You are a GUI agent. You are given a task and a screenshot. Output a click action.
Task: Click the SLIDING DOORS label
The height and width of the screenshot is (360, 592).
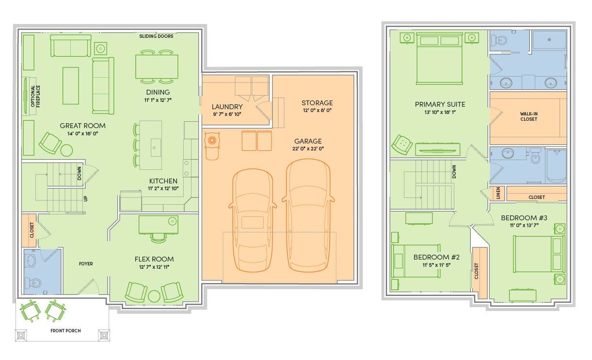click(x=156, y=36)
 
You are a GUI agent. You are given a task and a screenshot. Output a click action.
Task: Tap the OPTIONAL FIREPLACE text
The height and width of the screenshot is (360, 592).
click(x=35, y=96)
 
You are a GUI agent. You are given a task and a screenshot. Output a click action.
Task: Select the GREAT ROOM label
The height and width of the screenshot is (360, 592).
click(x=82, y=126)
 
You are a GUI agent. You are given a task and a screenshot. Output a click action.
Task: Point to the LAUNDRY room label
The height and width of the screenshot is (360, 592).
click(x=227, y=107)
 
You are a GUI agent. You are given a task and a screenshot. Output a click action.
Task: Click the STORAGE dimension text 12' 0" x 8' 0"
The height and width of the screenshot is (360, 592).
click(x=317, y=110)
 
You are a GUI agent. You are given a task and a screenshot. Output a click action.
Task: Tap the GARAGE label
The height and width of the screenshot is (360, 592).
click(x=308, y=141)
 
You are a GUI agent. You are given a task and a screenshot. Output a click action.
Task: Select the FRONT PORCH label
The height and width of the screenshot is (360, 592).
click(x=65, y=330)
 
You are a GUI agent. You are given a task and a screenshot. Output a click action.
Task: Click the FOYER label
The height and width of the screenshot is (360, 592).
click(x=86, y=264)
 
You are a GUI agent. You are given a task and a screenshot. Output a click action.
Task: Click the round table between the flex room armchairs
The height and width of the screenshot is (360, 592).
click(x=154, y=296)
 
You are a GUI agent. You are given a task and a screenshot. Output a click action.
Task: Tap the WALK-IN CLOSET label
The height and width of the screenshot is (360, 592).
click(x=528, y=116)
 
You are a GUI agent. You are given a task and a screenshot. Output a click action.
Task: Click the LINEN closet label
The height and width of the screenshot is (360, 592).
click(x=498, y=193)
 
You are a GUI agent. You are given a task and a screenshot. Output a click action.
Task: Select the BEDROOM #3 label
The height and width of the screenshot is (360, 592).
click(x=524, y=218)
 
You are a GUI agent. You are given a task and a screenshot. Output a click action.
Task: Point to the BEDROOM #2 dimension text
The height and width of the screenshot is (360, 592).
click(x=436, y=265)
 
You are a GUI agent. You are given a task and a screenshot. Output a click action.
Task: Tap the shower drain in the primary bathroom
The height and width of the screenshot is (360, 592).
click(x=549, y=40)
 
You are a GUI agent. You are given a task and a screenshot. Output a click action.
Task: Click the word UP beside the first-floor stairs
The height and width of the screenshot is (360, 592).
click(x=85, y=198)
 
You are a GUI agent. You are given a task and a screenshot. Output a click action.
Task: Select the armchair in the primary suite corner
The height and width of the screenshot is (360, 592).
click(x=402, y=144)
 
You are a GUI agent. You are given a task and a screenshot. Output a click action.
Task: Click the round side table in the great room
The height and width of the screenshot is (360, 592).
click(x=66, y=150)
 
